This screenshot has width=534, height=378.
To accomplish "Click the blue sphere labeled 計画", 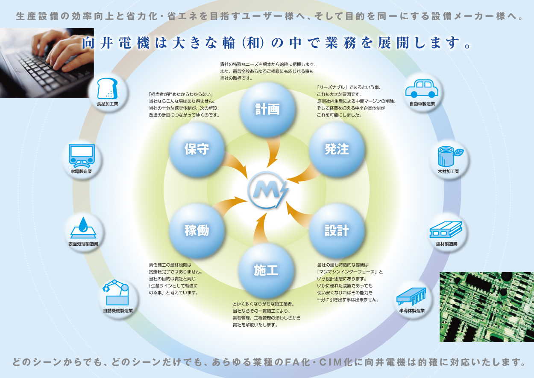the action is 267,110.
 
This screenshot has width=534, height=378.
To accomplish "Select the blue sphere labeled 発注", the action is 337,149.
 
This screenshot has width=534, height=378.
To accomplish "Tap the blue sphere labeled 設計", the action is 337,230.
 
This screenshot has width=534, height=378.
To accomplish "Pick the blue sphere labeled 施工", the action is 266,270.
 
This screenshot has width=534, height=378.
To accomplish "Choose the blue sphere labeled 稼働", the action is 197,230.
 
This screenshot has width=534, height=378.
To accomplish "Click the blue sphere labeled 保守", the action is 197,149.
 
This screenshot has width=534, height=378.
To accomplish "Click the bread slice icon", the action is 107,89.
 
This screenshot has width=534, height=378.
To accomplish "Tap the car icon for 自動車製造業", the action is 422,89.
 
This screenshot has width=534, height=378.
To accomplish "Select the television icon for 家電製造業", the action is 82,156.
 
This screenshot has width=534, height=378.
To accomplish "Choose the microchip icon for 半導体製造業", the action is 411,297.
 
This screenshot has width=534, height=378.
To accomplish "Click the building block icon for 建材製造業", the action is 446,230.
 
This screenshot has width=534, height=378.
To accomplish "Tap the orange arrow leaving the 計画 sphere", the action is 272,152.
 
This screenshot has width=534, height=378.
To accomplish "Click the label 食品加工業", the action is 107,104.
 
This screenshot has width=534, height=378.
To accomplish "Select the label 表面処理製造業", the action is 83,244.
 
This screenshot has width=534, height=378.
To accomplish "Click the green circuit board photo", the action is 487,307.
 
